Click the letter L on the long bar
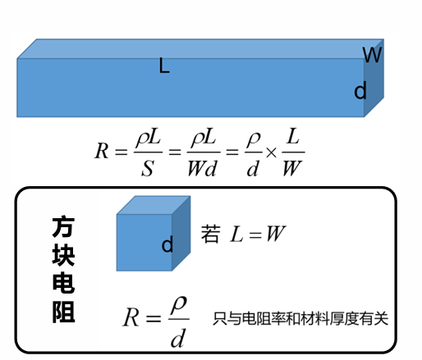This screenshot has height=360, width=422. [x=164, y=66]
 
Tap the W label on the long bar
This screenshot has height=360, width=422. [x=372, y=55]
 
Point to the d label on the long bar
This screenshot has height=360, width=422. [x=360, y=90]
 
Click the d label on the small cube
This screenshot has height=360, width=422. [x=167, y=244]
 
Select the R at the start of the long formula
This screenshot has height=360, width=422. [x=102, y=151]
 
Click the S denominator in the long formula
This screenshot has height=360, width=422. [x=148, y=168]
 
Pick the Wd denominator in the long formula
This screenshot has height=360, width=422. [x=202, y=168]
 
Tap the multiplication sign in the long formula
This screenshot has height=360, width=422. [x=271, y=153]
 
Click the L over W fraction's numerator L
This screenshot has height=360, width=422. [x=293, y=136]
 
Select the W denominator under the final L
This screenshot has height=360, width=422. [x=292, y=168]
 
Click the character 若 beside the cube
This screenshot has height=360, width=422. [x=210, y=234]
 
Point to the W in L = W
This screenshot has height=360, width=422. [x=276, y=234]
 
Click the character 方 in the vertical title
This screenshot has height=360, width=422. [x=63, y=227]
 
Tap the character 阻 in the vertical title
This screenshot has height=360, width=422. [x=63, y=312]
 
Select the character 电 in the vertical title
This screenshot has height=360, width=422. [x=63, y=283]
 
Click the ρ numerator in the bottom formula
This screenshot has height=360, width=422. [x=178, y=305]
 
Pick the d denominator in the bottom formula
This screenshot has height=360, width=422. [x=178, y=338]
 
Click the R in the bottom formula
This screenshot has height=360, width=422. [x=131, y=317]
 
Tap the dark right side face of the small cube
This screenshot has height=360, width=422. [x=181, y=233]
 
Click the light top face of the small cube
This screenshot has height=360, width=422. [x=154, y=205]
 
